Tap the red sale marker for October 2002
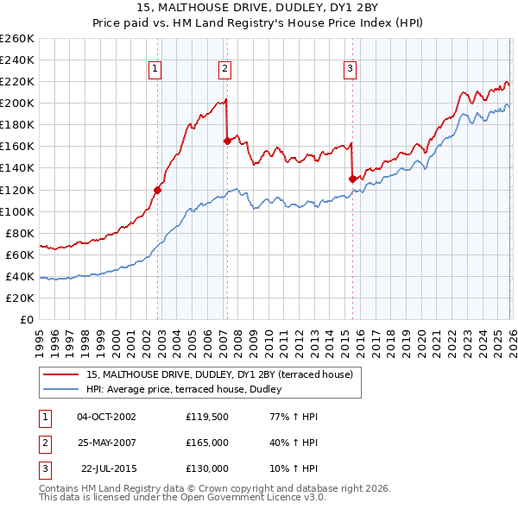(158, 190)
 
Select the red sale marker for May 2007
(227, 140)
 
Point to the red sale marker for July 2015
(352, 179)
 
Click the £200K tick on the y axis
(17, 103)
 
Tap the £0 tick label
(27, 319)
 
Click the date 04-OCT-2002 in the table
(106, 416)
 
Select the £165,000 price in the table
(207, 442)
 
